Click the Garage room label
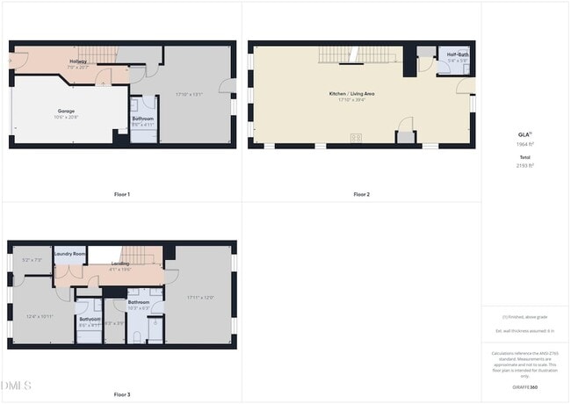click(65, 111)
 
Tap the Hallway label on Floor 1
click(77, 61)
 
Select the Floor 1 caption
click(122, 194)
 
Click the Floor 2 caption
click(362, 194)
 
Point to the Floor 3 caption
click(122, 395)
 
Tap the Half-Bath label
click(457, 55)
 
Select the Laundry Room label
click(69, 254)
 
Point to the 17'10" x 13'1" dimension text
click(189, 94)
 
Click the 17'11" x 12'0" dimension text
click(200, 298)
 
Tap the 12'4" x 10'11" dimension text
click(40, 316)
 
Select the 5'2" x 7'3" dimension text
click(32, 260)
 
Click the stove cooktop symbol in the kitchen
click(357, 137)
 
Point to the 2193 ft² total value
click(525, 165)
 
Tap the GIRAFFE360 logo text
click(524, 386)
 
